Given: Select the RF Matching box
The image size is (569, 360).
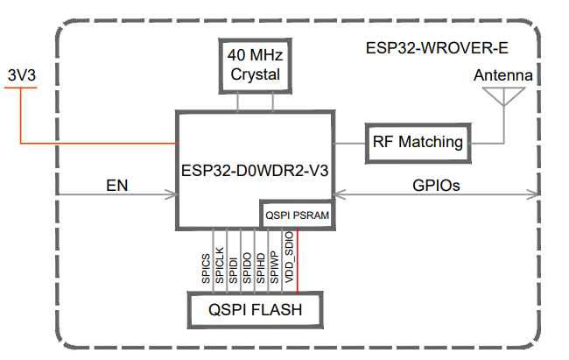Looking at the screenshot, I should [x=418, y=142].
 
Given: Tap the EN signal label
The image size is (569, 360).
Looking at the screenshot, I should [x=117, y=185].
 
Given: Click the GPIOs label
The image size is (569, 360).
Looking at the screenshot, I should [x=436, y=185].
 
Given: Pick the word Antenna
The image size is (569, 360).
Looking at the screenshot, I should [x=503, y=75].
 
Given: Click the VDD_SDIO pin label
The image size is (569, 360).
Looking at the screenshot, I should [x=289, y=259].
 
